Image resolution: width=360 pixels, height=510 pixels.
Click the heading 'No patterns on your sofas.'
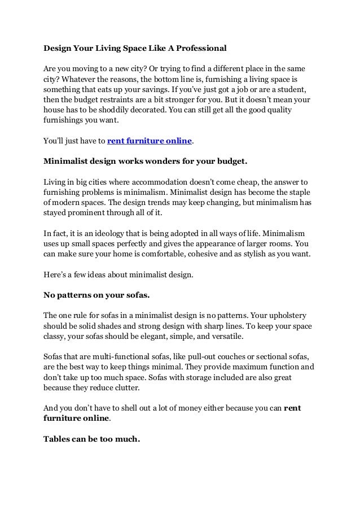pos(94,293)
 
